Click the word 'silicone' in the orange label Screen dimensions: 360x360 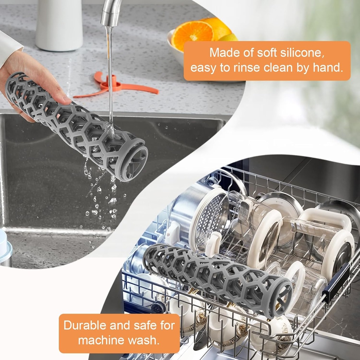click(303, 53)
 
